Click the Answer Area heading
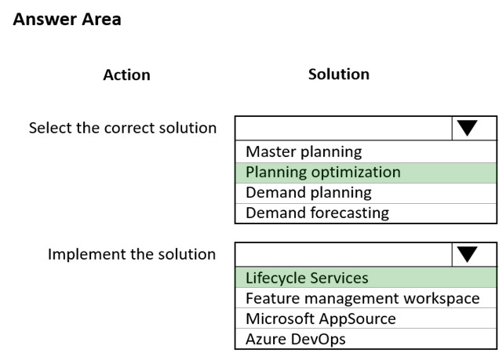67,19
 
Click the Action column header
126,75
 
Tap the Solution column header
339,74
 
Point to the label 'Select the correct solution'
123,128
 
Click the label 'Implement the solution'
132,254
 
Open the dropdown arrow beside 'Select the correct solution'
467,128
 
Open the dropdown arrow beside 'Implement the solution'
467,254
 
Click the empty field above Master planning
344,128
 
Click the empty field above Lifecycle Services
344,254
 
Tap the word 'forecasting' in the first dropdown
350,213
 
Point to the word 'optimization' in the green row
355,173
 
